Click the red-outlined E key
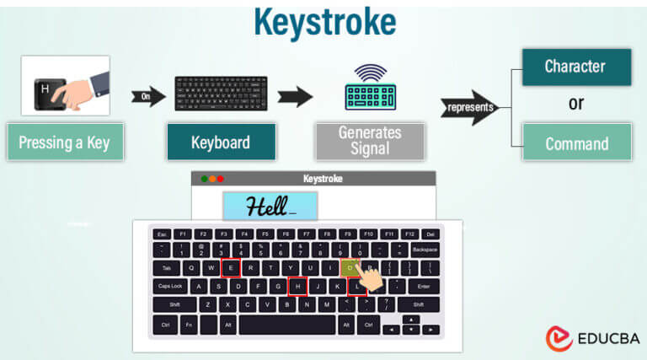tap(230, 268)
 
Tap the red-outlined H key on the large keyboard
tap(297, 287)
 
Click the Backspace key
tap(425, 250)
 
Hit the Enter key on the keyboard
tap(424, 287)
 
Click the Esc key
tap(161, 234)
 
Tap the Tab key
tap(166, 268)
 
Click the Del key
tap(430, 234)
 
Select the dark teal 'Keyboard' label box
tap(222, 142)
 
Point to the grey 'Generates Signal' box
tap(370, 141)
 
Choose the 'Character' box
tap(576, 67)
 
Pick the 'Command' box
tap(576, 143)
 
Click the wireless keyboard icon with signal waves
tap(370, 89)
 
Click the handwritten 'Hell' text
tap(269, 206)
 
